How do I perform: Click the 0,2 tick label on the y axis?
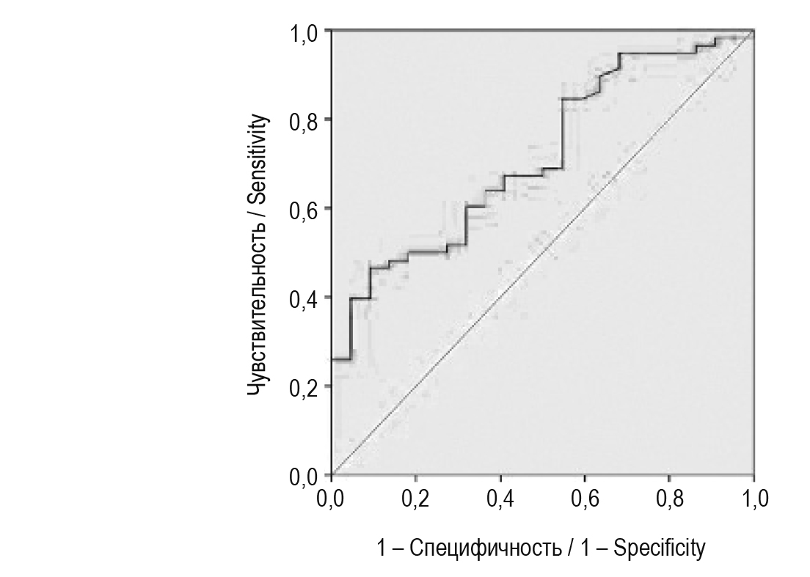(x=304, y=387)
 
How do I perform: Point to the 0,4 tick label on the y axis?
(x=304, y=298)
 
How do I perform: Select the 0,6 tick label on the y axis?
(x=304, y=210)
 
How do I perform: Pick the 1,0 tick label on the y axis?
(x=304, y=33)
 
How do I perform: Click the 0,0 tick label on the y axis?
(x=304, y=477)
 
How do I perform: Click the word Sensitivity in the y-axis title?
(x=258, y=161)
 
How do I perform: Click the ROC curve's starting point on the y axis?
(x=332, y=359)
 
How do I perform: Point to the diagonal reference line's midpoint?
(x=543, y=253)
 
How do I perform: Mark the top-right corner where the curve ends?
(x=754, y=32)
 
